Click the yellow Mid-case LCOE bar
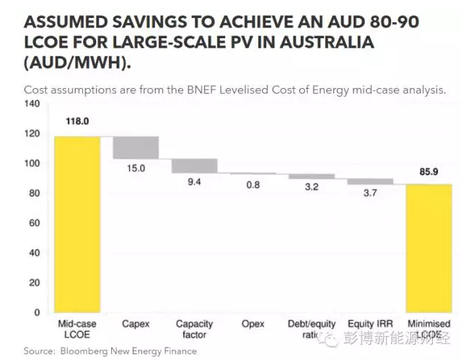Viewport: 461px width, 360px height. [x=77, y=224]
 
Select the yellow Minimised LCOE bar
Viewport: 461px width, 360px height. [x=429, y=248]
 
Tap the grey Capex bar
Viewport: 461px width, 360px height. [x=136, y=147]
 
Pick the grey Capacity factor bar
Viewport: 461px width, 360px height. [x=194, y=166]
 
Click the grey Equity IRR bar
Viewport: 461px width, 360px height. [x=370, y=182]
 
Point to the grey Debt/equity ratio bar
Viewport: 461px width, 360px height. [x=312, y=176]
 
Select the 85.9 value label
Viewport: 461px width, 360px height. [x=429, y=172]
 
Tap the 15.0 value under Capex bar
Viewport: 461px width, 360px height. [x=136, y=168]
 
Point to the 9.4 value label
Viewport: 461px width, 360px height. [x=194, y=183]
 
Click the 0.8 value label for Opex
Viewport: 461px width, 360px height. [x=253, y=185]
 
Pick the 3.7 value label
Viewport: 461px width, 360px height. [x=370, y=193]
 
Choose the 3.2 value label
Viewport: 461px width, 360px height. [x=312, y=188]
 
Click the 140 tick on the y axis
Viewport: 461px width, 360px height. [x=31, y=104]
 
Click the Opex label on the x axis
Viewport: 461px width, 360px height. [x=253, y=325]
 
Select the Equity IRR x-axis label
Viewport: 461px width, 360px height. [x=370, y=325]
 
